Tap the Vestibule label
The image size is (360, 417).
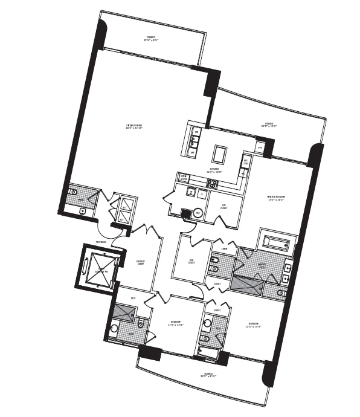pyautogui.click(x=100, y=242)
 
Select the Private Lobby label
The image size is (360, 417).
pyautogui.click(x=140, y=262)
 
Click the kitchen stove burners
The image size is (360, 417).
pyautogui.click(x=213, y=183)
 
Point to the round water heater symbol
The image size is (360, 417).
pyautogui.click(x=198, y=213)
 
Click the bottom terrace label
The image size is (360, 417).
pyautogui.click(x=208, y=375)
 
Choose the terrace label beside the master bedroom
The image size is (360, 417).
pyautogui.click(x=268, y=124)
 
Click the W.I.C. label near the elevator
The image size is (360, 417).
pyautogui.click(x=133, y=298)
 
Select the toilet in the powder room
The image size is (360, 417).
pyautogui.click(x=73, y=192)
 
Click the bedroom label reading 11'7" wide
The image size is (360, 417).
pyautogui.click(x=176, y=323)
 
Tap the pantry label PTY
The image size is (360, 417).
pyautogui.click(x=260, y=147)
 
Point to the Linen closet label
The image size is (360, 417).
pyautogui.click(x=224, y=248)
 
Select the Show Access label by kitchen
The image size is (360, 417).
pyautogui.click(x=184, y=178)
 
